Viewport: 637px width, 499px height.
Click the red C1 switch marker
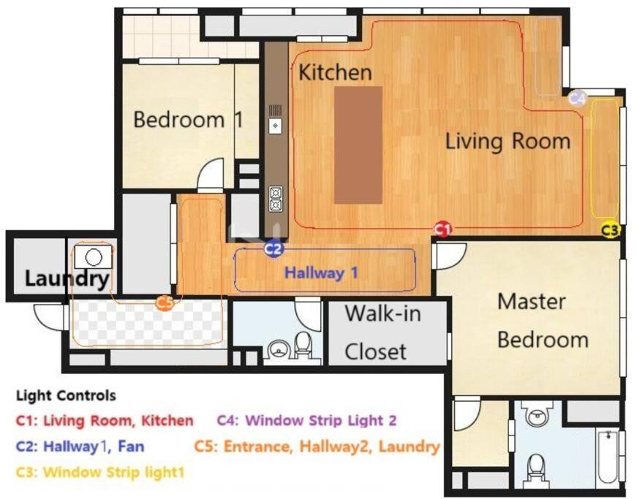click(442, 229)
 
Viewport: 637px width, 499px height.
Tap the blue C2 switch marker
click(274, 248)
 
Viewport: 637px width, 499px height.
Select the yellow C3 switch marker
click(610, 230)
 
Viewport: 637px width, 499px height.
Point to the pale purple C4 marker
click(577, 98)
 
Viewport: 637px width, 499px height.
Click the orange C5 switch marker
click(165, 302)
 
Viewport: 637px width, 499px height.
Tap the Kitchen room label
click(335, 72)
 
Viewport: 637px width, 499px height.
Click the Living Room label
click(508, 142)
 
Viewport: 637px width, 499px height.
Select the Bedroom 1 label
click(189, 120)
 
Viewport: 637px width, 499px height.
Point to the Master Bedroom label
click(543, 321)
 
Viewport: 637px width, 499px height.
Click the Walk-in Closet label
click(382, 332)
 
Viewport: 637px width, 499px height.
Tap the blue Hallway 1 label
click(321, 273)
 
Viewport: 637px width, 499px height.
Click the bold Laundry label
click(67, 278)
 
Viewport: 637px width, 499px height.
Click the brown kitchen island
click(358, 145)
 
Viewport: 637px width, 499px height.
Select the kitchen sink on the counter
click(276, 126)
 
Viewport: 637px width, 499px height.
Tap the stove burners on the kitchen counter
click(276, 199)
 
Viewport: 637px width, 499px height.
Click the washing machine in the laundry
click(94, 256)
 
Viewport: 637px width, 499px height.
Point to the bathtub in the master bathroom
click(608, 457)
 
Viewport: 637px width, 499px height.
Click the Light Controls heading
click(67, 395)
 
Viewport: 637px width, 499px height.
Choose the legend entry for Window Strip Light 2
click(306, 420)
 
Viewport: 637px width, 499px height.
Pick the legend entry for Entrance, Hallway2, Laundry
click(317, 446)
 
